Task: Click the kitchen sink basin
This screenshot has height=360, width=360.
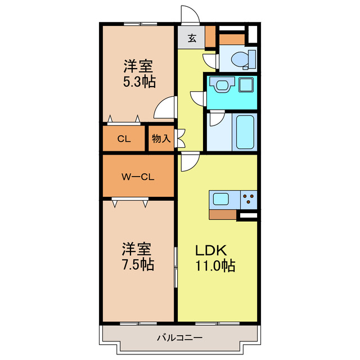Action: (x=220, y=199)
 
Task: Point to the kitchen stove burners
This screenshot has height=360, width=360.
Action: (x=248, y=199)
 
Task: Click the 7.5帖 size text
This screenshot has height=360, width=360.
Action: (x=138, y=263)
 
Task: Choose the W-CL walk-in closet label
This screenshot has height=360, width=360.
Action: (x=138, y=177)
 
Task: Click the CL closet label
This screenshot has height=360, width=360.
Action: (x=124, y=139)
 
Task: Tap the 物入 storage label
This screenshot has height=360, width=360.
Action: (x=161, y=139)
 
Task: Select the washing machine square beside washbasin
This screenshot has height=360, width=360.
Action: (x=246, y=85)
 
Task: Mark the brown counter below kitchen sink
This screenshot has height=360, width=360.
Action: (x=222, y=214)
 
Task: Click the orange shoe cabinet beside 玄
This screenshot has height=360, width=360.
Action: (x=210, y=37)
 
